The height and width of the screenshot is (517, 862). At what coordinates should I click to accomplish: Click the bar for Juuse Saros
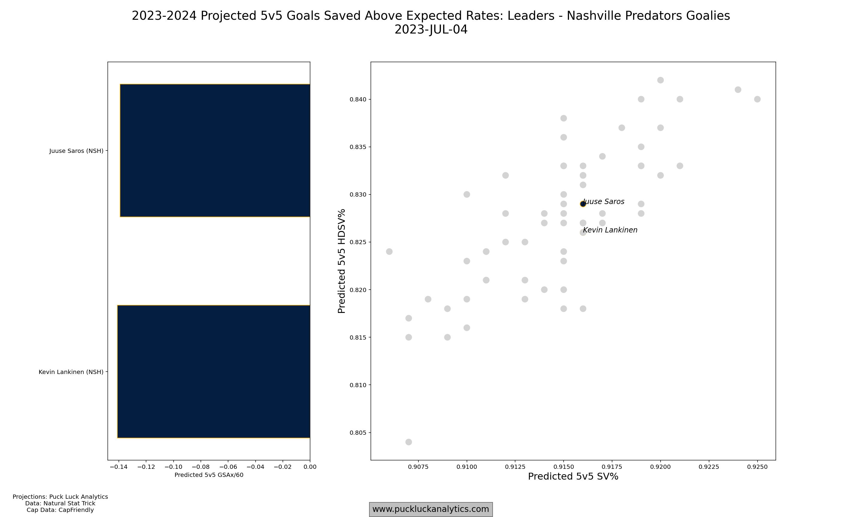[x=215, y=150]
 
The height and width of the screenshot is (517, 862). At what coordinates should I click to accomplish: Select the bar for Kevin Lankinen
[x=214, y=371]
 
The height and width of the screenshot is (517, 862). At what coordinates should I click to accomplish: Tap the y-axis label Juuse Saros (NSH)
[x=76, y=151]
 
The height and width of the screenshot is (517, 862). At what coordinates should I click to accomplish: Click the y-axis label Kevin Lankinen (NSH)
[x=71, y=372]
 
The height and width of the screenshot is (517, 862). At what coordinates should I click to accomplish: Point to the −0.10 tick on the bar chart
[x=173, y=467]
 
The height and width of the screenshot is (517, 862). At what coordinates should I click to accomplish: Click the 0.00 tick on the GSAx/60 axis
[x=310, y=467]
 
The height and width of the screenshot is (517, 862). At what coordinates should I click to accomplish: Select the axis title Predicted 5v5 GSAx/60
[x=209, y=475]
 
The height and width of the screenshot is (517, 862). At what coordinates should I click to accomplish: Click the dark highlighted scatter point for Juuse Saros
[x=583, y=204]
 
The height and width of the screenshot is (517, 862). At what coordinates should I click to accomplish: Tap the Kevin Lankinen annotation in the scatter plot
[x=610, y=230]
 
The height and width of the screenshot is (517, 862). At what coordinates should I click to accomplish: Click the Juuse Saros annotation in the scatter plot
[x=604, y=201]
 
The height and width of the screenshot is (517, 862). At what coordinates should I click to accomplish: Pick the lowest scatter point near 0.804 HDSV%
[x=409, y=442]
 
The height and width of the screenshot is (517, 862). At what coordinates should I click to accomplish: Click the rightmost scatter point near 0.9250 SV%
[x=757, y=99]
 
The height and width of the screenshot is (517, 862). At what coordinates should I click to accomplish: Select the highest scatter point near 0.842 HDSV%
[x=660, y=80]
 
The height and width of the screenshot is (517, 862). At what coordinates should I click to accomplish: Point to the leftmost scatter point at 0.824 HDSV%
[x=389, y=252]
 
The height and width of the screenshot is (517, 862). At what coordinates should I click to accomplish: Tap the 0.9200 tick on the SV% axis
[x=660, y=467]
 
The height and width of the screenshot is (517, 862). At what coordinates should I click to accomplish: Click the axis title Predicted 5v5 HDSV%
[x=342, y=261]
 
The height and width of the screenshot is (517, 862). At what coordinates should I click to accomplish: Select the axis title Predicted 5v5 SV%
[x=573, y=477]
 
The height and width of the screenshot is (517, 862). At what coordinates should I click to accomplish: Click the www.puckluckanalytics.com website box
[x=431, y=509]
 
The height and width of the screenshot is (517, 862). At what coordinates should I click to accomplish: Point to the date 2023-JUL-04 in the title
[x=431, y=30]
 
